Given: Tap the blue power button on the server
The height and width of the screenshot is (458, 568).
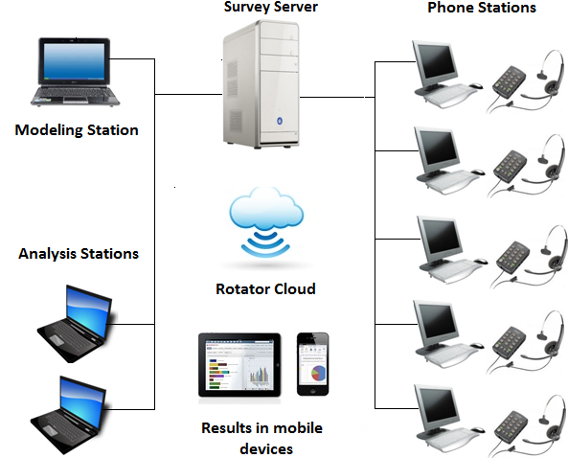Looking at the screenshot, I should point(279,122).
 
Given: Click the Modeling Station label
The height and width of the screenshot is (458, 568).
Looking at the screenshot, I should point(77,129).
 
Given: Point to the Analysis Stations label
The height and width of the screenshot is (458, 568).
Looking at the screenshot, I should point(79,254).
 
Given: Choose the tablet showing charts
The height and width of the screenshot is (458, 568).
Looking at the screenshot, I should point(239,365).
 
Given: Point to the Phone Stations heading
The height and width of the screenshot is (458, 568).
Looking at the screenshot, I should point(481,9).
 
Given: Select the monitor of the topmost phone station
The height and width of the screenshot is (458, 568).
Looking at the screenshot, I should point(436,62).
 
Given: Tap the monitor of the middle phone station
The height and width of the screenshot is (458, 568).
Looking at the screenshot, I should point(438,239).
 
